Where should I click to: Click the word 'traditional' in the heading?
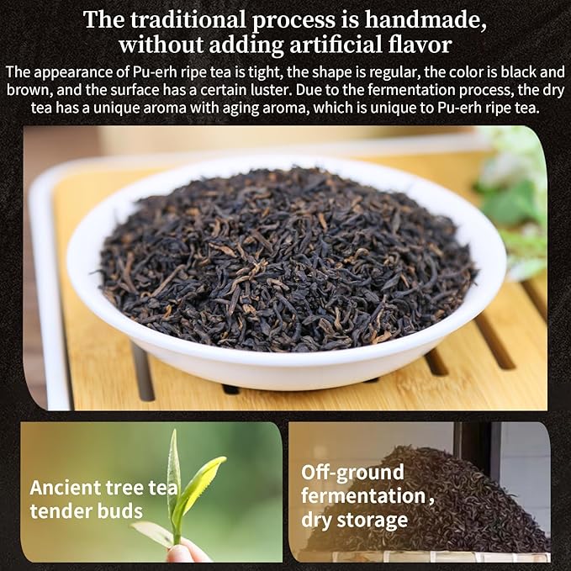point(189,19)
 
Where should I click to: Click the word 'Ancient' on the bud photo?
point(64,487)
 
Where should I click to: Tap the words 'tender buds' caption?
point(86,511)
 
